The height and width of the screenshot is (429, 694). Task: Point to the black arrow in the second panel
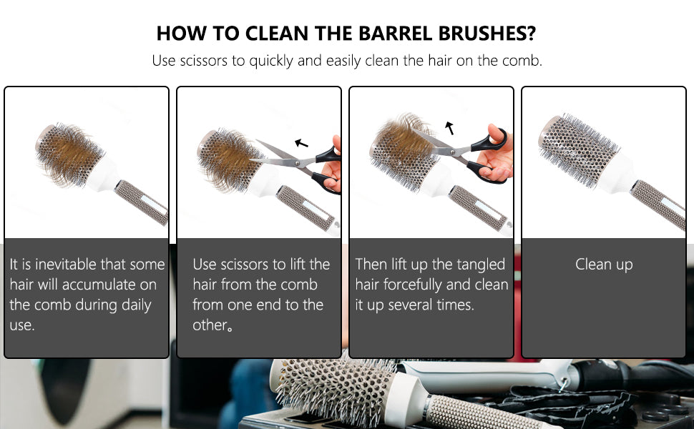click(301, 143)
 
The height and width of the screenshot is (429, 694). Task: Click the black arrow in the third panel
click(450, 128)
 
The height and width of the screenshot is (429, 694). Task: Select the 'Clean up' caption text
click(604, 265)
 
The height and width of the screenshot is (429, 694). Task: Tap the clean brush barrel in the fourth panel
click(577, 149)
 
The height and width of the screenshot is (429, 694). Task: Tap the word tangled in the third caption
click(481, 265)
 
